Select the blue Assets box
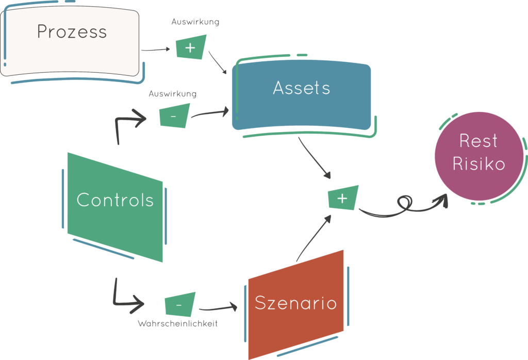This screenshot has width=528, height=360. click(x=302, y=96)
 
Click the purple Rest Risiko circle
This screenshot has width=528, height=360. click(x=478, y=157)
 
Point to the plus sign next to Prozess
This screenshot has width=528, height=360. click(x=190, y=48)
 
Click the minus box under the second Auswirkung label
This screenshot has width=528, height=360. click(x=173, y=116)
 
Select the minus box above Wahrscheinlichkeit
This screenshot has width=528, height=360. click(x=179, y=305)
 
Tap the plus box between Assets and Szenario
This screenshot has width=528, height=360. click(x=342, y=198)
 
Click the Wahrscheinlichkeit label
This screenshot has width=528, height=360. click(x=177, y=324)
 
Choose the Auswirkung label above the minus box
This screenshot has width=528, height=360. click(x=172, y=94)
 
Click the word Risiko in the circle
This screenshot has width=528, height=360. click(x=478, y=164)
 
